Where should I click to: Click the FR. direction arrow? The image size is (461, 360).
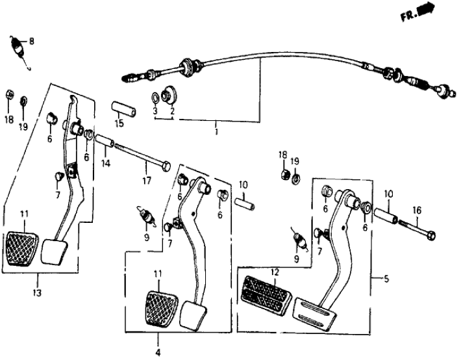pyautogui.click(x=425, y=10)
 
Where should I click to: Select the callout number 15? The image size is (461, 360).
pyautogui.click(x=119, y=123)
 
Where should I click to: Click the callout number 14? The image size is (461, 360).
pyautogui.click(x=106, y=163)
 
